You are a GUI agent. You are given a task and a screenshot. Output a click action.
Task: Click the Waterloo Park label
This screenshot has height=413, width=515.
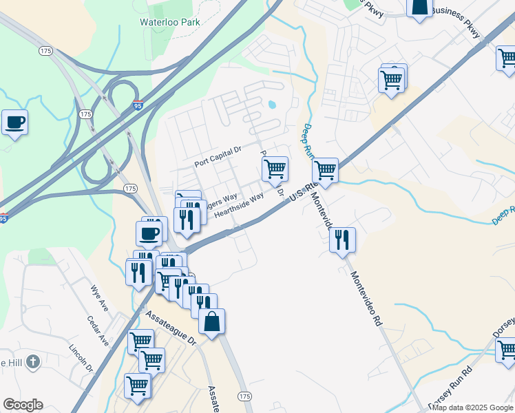coord(170,22)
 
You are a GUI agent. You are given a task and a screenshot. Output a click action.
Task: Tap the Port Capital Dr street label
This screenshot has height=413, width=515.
coord(218,162)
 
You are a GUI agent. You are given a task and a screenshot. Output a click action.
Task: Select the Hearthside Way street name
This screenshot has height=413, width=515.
coord(239,205)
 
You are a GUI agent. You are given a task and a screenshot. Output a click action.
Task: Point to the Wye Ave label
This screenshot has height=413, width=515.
coord(100,297)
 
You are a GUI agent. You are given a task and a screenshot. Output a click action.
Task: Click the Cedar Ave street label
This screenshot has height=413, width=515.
coord(99,331)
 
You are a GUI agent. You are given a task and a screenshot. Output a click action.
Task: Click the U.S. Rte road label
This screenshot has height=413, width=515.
coord(303,191)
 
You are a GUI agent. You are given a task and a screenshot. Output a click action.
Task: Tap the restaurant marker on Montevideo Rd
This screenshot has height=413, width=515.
coord(342,240)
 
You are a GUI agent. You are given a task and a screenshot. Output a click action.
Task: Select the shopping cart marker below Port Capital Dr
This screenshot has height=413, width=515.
coord(275,169)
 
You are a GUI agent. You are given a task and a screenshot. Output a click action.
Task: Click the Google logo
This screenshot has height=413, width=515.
coord(23,405)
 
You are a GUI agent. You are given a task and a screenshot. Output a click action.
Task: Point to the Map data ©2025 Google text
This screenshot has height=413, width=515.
coord(472,407)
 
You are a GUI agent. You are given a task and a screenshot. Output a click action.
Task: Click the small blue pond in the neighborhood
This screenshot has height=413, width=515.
coord(272,105)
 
